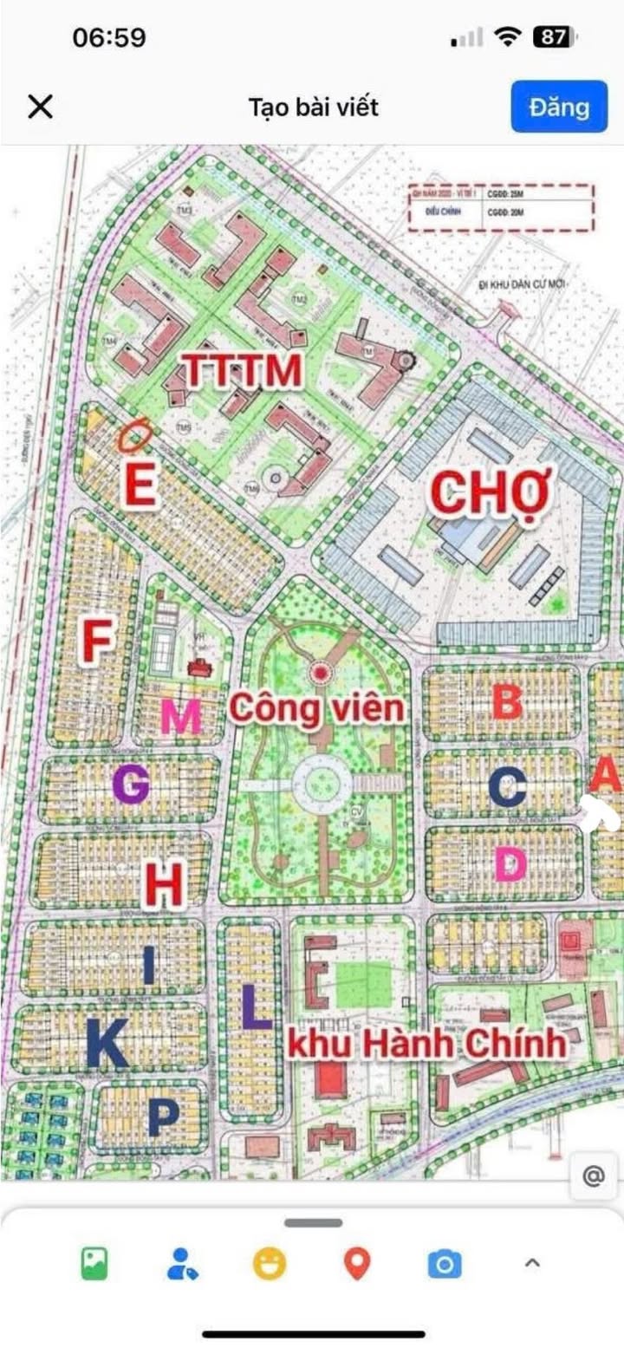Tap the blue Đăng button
click(x=559, y=107)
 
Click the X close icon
click(x=41, y=107)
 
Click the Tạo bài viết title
click(x=313, y=107)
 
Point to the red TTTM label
click(x=244, y=371)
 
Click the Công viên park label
click(x=316, y=708)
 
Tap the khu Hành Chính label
click(x=426, y=1044)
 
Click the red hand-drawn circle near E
click(x=135, y=435)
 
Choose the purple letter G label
click(x=131, y=785)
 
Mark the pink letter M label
click(x=181, y=717)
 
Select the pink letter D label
click(x=510, y=863)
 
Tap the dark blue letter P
click(x=163, y=1117)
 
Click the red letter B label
click(x=507, y=701)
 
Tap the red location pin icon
click(x=357, y=1264)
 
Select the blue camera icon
click(x=445, y=1265)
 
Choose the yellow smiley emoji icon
click(x=270, y=1264)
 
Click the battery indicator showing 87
click(x=553, y=37)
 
